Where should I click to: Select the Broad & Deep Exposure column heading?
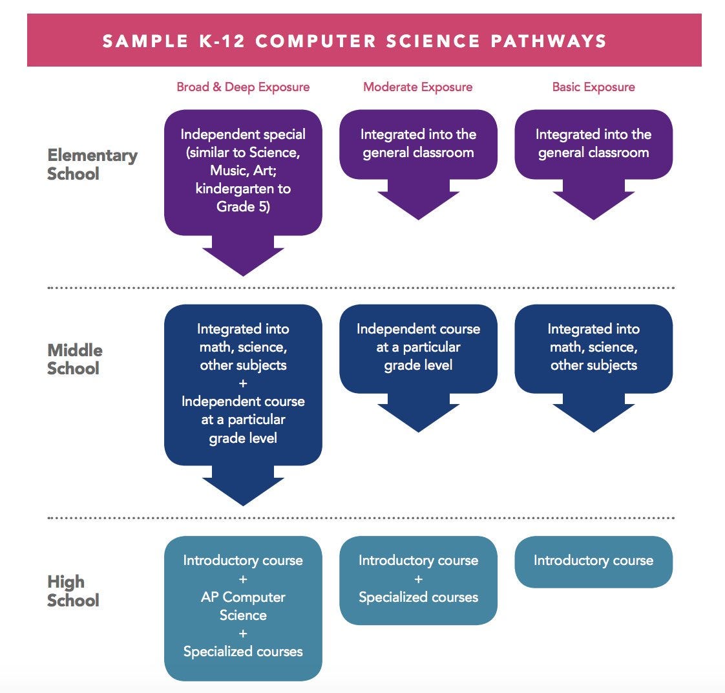coord(243,87)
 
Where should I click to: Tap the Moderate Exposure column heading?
coord(418,87)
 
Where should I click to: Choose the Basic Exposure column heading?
coord(593,87)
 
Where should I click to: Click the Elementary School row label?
coord(92,164)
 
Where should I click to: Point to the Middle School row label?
coord(75,359)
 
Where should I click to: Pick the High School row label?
coord(73,591)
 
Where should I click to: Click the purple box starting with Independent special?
coord(243,171)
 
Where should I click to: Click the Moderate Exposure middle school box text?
coord(418,346)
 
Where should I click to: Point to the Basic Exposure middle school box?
coord(593,347)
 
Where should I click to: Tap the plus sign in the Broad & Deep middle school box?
coord(243,383)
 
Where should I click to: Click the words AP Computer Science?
coord(243,606)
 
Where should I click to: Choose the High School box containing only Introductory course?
coord(593,560)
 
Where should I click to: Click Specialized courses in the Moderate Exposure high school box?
coord(418,597)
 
